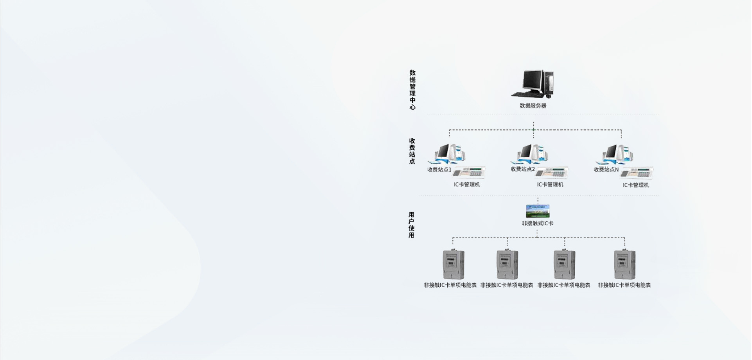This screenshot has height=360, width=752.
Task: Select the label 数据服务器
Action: pyautogui.click(x=533, y=106)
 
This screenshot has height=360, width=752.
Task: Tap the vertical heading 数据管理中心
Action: pyautogui.click(x=412, y=90)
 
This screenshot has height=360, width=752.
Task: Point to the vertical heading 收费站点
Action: pyautogui.click(x=412, y=151)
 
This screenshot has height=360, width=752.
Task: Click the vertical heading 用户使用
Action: pyautogui.click(x=411, y=225)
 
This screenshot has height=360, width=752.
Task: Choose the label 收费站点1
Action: pyautogui.click(x=439, y=170)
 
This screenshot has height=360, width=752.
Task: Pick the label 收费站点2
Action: pyautogui.click(x=522, y=169)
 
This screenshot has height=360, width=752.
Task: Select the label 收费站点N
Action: pyautogui.click(x=606, y=170)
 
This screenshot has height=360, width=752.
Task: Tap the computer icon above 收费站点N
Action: pyautogui.click(x=616, y=154)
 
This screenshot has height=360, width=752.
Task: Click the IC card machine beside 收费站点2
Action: pyautogui.click(x=552, y=173)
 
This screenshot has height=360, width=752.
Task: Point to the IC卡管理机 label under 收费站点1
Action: pyautogui.click(x=467, y=185)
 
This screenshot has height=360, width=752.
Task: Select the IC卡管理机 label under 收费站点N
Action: pyautogui.click(x=636, y=185)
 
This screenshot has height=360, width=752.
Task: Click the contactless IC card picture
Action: pyautogui.click(x=538, y=211)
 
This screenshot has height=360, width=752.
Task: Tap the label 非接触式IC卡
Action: pyautogui.click(x=538, y=223)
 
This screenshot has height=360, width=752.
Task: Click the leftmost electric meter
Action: pyautogui.click(x=453, y=265)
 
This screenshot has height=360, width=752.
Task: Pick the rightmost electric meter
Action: pyautogui.click(x=624, y=265)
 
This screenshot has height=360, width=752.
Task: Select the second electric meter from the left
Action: pyautogui.click(x=507, y=265)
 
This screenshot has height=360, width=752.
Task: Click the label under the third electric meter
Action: pyautogui.click(x=564, y=285)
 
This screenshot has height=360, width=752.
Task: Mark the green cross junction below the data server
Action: pyautogui.click(x=533, y=130)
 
